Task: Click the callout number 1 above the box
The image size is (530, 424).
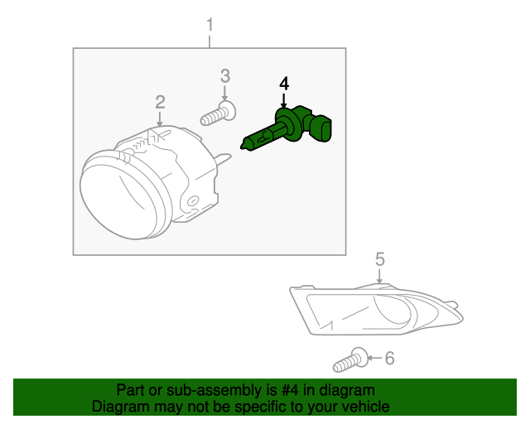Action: coord(210,25)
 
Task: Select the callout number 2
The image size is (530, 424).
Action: coord(160,102)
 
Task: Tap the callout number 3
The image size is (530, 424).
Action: coord(225,76)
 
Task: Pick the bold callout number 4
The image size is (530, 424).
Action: coord(284,84)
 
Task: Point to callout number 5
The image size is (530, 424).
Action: coord(380,259)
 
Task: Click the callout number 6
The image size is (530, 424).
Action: coord(390,358)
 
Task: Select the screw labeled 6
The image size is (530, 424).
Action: coord(350,360)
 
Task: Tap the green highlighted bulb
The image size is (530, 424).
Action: coord(286,128)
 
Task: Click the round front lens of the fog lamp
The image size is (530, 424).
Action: coord(120,196)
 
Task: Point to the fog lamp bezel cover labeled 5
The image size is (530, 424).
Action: coord(376,310)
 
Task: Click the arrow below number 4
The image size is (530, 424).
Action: coord(284,101)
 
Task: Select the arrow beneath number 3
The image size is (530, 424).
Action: coord(225,93)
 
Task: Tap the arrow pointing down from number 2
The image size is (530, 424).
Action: coord(160,119)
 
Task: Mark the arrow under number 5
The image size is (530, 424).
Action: coord(379,277)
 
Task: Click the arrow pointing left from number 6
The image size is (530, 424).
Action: coord(374,358)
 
